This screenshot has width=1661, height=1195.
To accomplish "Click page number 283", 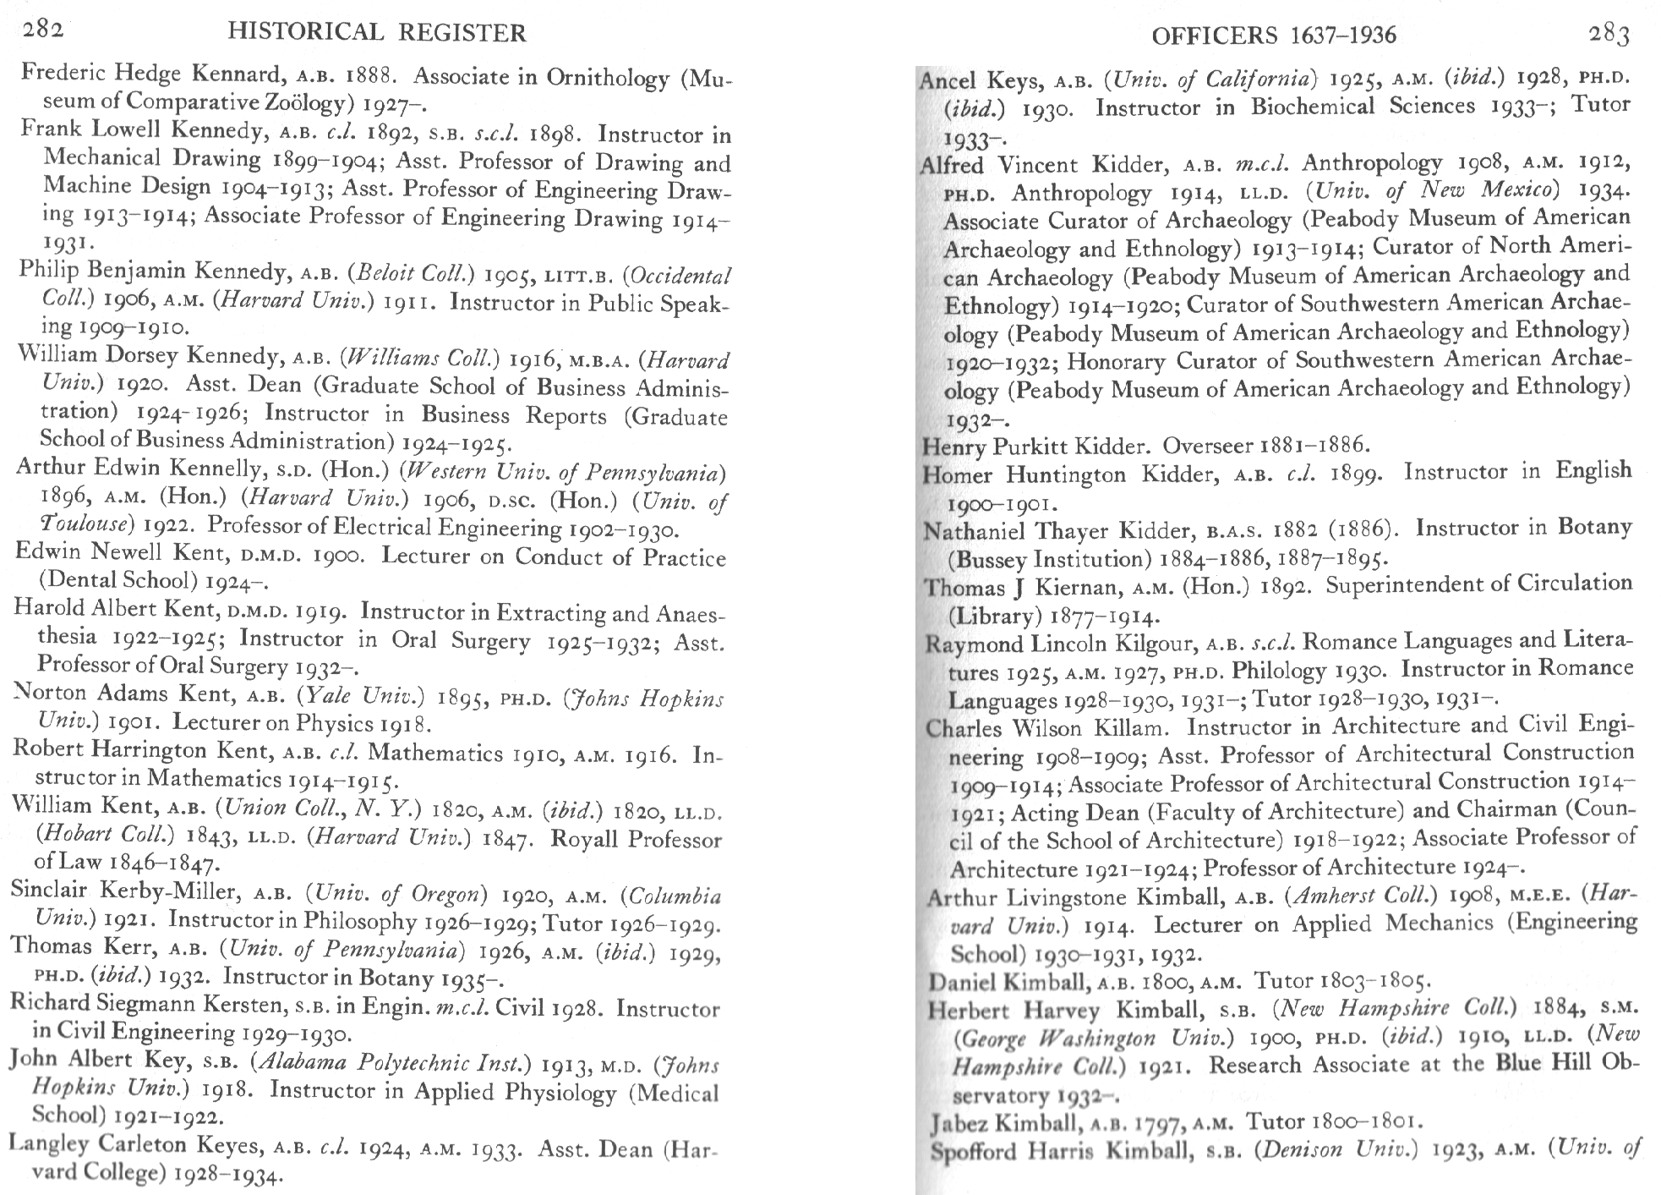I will point(1609,34).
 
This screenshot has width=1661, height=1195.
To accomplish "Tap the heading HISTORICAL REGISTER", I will point(377,33).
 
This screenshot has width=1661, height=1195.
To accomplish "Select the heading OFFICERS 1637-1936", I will point(1274,36).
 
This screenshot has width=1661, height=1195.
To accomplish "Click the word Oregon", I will point(449,895).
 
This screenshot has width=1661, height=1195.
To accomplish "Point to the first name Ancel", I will point(948,81).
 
